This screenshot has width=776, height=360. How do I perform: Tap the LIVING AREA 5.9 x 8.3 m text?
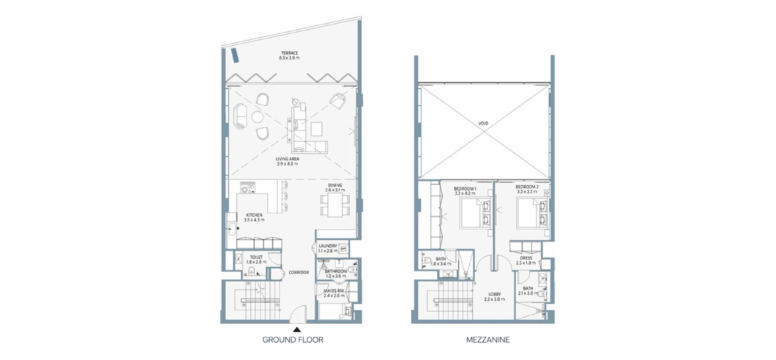(x=287, y=162)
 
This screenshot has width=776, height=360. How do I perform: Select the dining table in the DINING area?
(x=335, y=205)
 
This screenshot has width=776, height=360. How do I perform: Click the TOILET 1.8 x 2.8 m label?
(x=256, y=259)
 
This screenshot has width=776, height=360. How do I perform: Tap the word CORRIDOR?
(x=299, y=273)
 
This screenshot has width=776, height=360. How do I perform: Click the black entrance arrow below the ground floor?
(x=297, y=329)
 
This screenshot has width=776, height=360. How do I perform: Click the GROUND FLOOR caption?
(x=293, y=340)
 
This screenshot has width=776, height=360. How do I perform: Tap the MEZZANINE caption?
(x=488, y=340)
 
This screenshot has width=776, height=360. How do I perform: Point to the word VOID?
(x=483, y=123)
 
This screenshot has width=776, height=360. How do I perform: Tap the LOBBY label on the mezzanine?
(x=494, y=297)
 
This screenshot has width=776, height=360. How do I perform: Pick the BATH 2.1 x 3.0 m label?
(x=528, y=291)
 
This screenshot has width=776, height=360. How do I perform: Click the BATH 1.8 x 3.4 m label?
(x=441, y=261)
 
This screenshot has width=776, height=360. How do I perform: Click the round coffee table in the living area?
(x=257, y=117)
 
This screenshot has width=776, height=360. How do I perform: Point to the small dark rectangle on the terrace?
(x=235, y=55)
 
